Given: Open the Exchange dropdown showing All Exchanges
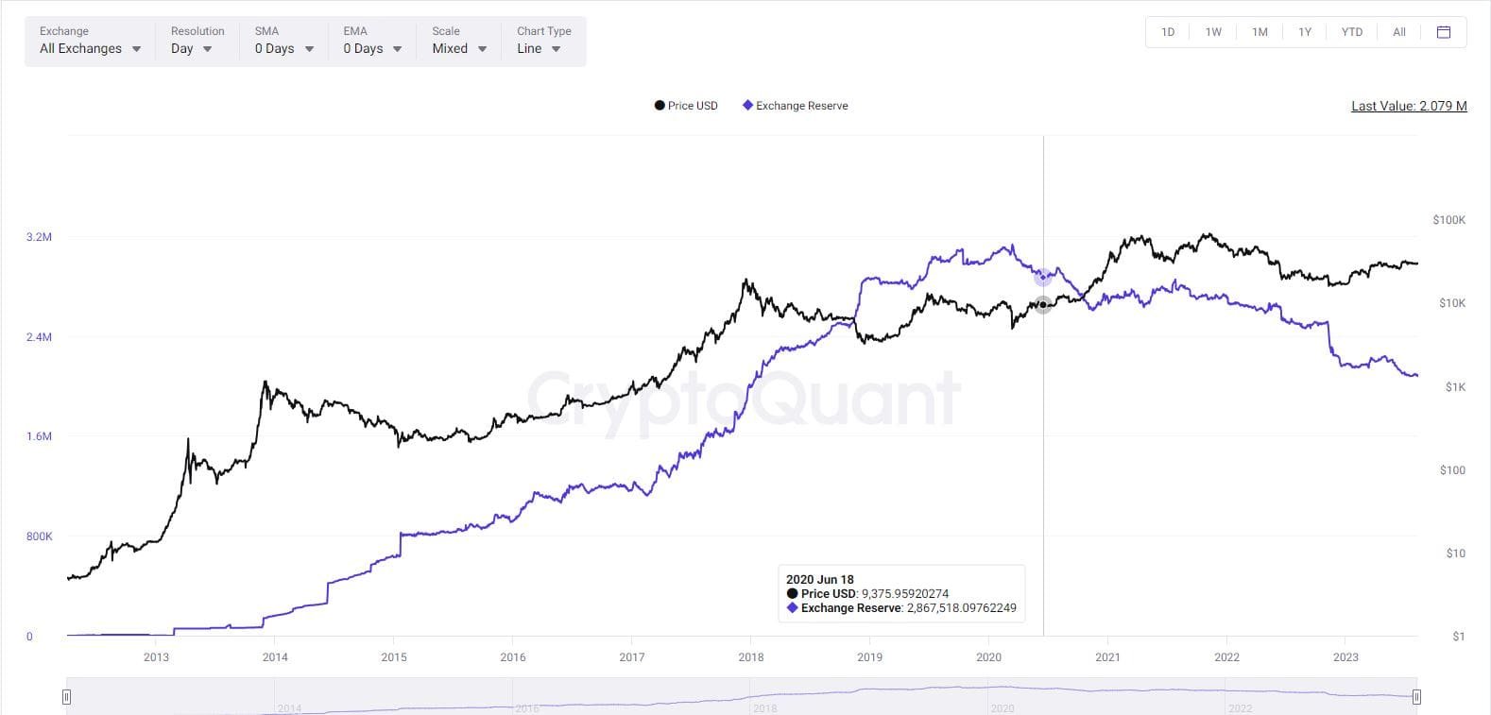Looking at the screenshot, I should point(90,48).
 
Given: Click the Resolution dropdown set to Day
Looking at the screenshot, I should point(191,48).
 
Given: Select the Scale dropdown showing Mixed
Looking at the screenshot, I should point(458,48).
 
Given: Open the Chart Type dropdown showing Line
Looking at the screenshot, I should point(539,48).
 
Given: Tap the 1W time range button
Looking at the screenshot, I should point(1213,32).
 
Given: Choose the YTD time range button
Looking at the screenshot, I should point(1352,32).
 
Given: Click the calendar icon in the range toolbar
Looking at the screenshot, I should point(1443,32).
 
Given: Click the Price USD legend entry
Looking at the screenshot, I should point(686,106).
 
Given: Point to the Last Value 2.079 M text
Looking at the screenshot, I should point(1409,106).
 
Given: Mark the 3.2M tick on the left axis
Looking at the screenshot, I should point(39,237).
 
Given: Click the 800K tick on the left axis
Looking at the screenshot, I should point(39,536).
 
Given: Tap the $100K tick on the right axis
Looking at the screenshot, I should point(1448,220).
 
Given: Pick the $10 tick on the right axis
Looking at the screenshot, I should point(1455,553).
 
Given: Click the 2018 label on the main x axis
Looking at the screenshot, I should point(751,657).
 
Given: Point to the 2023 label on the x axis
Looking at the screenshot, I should point(1345,657).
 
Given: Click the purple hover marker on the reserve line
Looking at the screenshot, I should point(1043,277).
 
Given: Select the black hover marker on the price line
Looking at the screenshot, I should point(1043,305).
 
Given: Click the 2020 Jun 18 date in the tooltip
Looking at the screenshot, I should point(819,580).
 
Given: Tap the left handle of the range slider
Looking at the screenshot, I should point(66,697).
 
